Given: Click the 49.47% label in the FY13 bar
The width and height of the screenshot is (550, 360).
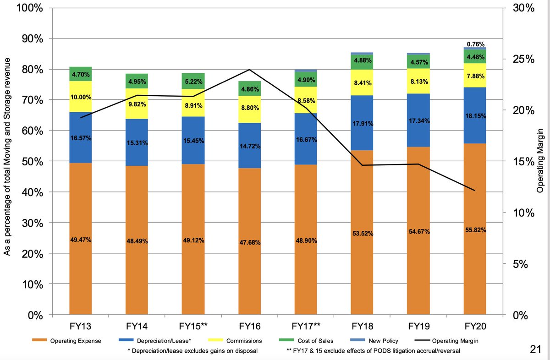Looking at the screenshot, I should (80, 239).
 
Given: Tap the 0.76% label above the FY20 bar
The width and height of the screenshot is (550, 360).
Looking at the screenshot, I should (475, 44).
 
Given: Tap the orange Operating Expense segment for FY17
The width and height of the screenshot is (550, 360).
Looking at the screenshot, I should (305, 240).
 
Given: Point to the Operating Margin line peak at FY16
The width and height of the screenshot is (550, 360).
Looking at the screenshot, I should (249, 70).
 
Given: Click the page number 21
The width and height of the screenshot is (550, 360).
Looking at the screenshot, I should (534, 349).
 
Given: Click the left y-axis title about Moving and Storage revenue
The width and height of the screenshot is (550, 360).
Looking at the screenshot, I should (7, 161).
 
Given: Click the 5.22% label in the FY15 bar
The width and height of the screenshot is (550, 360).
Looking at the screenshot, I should (192, 81).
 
